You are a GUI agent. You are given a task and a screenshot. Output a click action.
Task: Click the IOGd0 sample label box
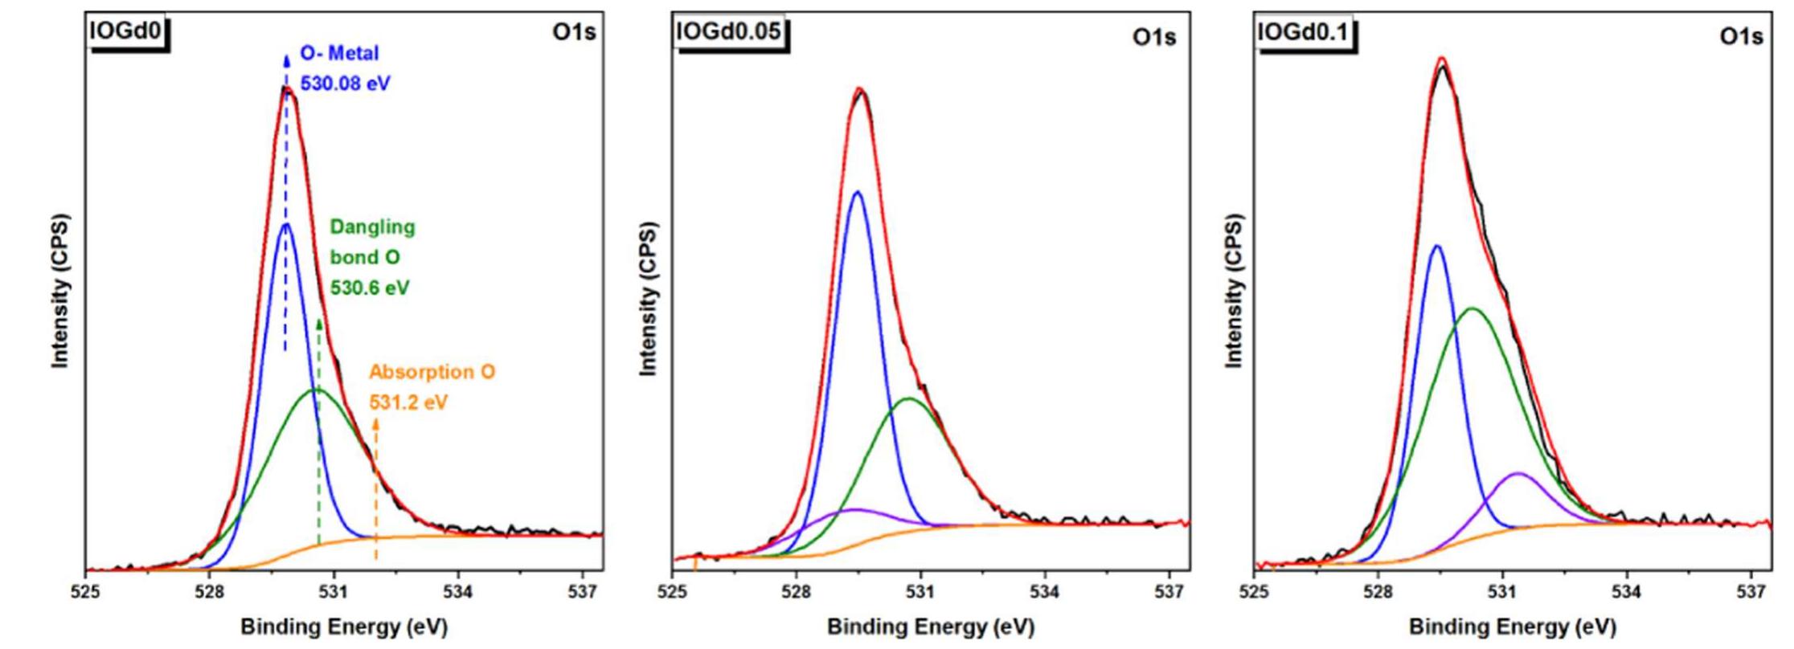coord(127,32)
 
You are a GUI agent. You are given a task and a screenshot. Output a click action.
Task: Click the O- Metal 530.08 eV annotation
coord(344,68)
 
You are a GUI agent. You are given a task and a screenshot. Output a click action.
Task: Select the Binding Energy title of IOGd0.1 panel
coord(1512,627)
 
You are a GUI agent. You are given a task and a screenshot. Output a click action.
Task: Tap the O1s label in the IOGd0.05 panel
coord(1154,37)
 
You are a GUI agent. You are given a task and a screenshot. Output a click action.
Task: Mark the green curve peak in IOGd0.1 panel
coord(1472,308)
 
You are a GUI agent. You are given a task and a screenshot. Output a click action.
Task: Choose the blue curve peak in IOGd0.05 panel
coord(857,192)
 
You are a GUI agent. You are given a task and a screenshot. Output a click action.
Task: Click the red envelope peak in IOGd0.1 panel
coord(1442,59)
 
